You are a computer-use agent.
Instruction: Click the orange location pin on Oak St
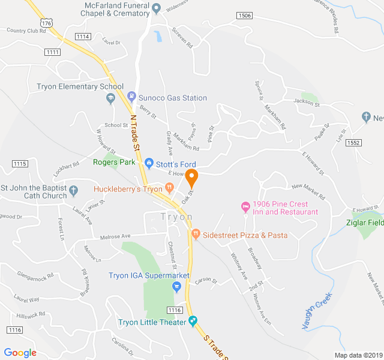coord(191,178)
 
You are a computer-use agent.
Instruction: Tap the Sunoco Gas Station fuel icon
coord(131,97)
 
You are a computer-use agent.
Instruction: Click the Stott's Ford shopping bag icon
coord(149,162)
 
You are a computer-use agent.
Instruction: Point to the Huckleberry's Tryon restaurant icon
coord(170,188)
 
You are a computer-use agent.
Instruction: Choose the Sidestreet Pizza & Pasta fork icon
coord(195,234)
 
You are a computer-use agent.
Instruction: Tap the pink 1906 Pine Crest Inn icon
coord(245,207)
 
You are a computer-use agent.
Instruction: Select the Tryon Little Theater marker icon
coord(193,322)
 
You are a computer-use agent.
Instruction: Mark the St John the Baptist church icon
coord(74,191)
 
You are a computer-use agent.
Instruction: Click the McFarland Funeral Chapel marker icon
coord(156,8)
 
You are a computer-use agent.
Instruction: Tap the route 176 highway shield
coord(47,22)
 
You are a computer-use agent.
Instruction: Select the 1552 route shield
coord(353,142)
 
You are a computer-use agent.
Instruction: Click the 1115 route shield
coord(20,164)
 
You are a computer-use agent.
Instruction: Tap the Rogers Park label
coord(114,162)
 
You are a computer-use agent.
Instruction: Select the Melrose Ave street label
coord(115,236)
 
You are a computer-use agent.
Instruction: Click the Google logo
coord(20,353)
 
